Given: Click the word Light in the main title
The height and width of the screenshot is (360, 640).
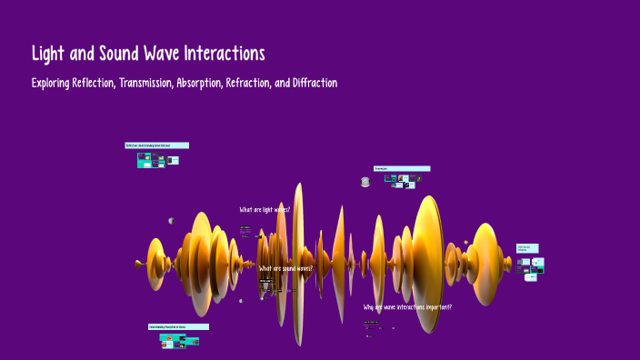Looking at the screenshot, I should click(x=51, y=53).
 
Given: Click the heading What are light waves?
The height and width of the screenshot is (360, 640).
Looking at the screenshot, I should click(x=265, y=210).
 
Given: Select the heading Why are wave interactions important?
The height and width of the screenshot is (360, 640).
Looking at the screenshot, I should click(x=407, y=307).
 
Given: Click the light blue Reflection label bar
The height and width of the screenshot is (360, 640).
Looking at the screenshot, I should click(x=156, y=145).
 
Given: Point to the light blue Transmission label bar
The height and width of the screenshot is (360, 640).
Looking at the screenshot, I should click(x=402, y=168).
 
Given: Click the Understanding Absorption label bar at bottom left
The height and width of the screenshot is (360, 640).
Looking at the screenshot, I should click(x=178, y=326).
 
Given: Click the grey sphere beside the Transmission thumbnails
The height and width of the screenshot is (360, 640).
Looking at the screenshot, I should click(x=365, y=182).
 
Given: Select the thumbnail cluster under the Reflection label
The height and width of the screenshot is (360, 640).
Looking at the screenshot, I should click(x=155, y=160).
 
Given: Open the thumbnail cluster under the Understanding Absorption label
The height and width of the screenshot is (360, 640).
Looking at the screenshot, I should click(x=176, y=341).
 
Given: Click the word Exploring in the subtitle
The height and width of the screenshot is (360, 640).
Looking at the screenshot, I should click(x=49, y=83).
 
